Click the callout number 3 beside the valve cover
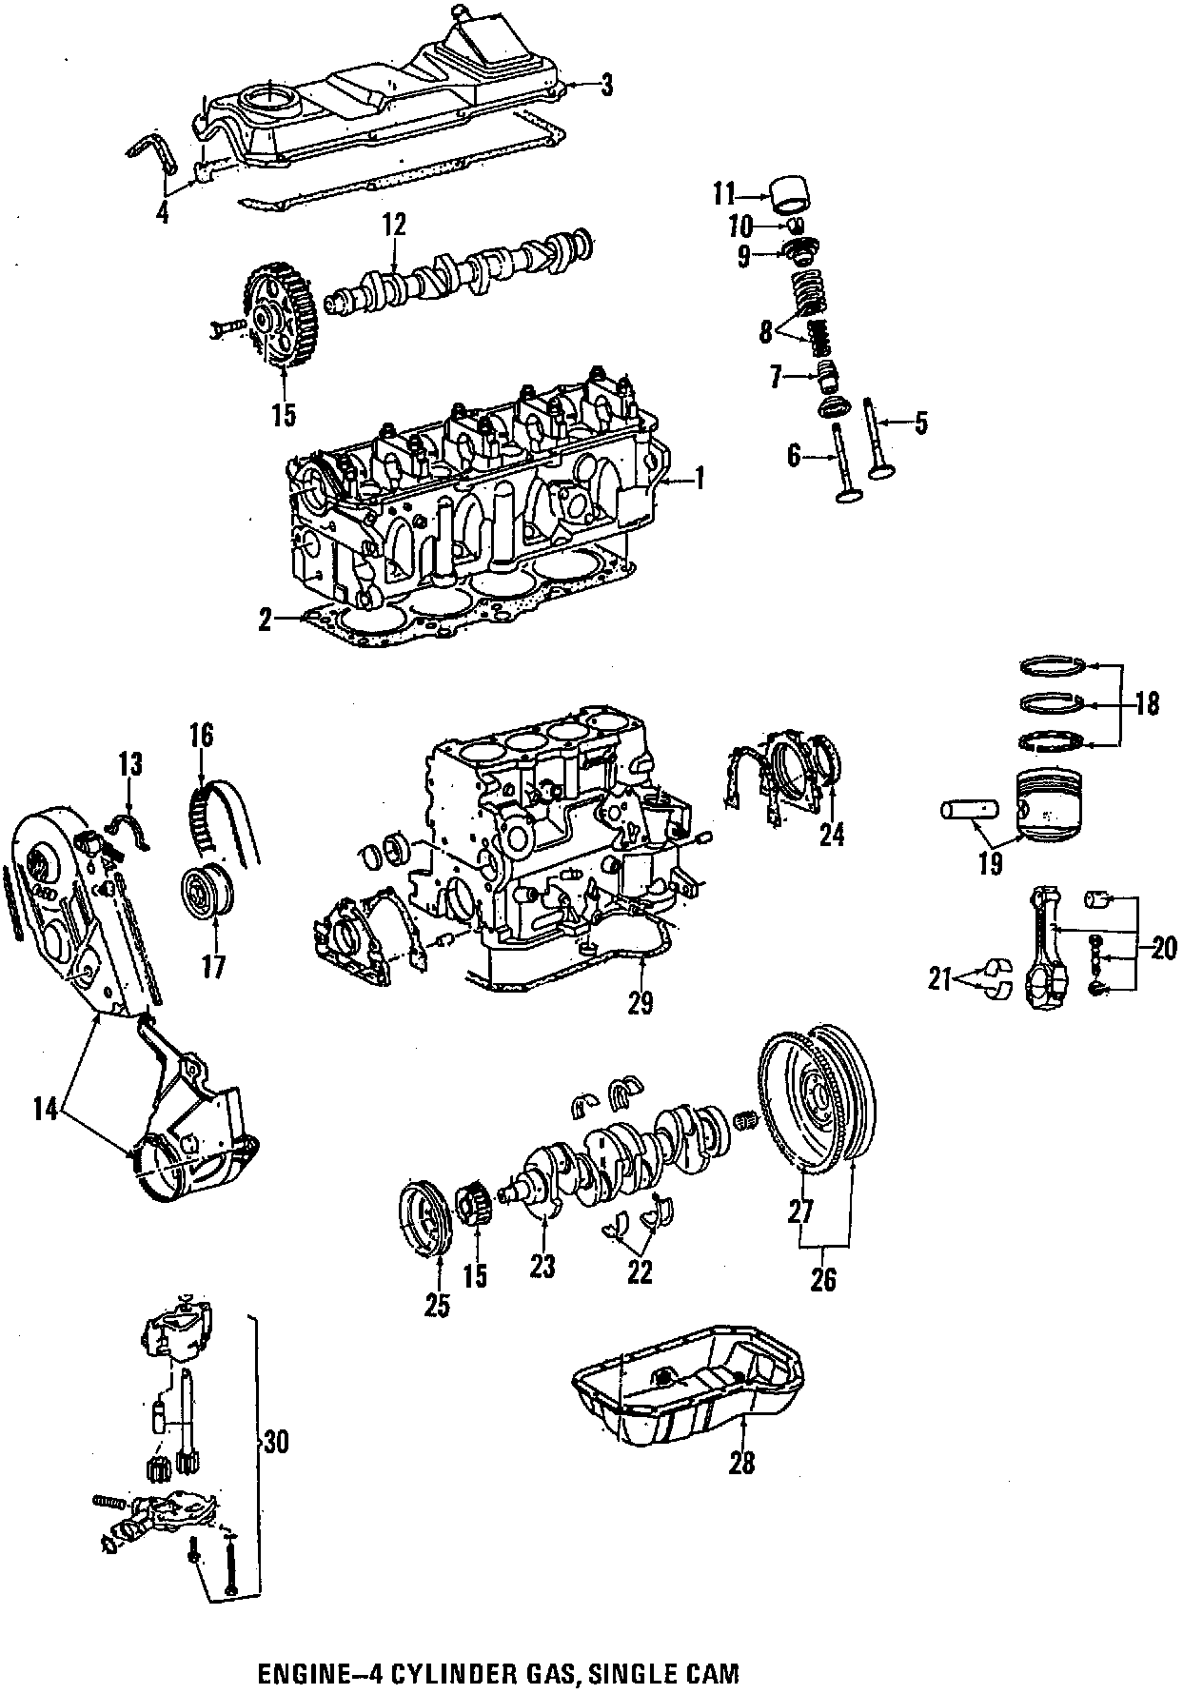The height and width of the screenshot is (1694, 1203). pyautogui.click(x=606, y=86)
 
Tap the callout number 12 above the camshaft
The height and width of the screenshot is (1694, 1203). pyautogui.click(x=394, y=225)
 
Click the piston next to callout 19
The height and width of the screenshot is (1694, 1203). pyautogui.click(x=1051, y=807)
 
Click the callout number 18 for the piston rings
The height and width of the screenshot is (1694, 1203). pyautogui.click(x=1147, y=704)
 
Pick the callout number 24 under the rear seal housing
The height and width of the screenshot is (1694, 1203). pyautogui.click(x=832, y=835)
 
